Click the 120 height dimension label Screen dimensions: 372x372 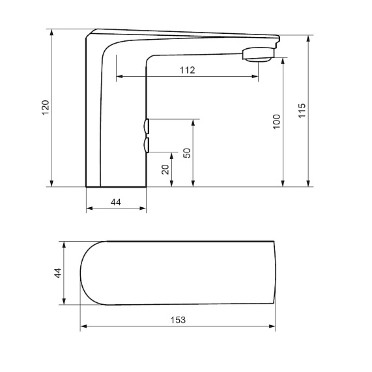click(x=46, y=107)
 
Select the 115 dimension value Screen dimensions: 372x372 click(x=302, y=111)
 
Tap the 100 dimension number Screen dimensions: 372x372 click(x=277, y=122)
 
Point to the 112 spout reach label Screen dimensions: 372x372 click(x=188, y=70)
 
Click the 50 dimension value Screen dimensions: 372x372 click(x=187, y=153)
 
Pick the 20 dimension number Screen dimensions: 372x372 click(x=165, y=169)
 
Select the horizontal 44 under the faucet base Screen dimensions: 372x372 click(x=116, y=202)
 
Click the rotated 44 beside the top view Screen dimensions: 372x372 click(x=58, y=273)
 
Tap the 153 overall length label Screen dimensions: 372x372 click(x=178, y=320)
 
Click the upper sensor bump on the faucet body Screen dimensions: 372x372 click(x=147, y=126)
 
